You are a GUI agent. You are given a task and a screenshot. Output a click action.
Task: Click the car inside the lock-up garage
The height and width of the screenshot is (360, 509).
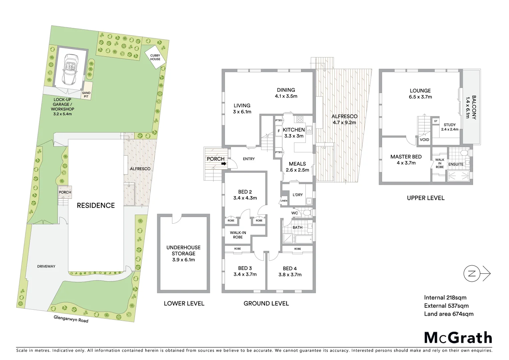pyautogui.click(x=71, y=69)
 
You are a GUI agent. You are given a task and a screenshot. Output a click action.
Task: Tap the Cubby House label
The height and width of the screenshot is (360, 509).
pyautogui.click(x=155, y=57)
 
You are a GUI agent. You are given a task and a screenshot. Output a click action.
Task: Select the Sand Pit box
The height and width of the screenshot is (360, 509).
pyautogui.click(x=86, y=95)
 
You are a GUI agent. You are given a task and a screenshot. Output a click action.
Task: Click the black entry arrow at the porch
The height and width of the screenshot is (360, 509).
pyautogui.click(x=224, y=164)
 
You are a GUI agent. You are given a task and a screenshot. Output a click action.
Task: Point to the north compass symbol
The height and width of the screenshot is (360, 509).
pyautogui.click(x=472, y=274)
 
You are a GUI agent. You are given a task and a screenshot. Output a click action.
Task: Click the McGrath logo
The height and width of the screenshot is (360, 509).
pyautogui.click(x=458, y=337)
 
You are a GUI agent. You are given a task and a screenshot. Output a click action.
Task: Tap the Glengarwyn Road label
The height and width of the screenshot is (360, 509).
pyautogui.click(x=71, y=319)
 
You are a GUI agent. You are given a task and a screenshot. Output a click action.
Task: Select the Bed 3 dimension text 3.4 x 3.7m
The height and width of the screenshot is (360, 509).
pyautogui.click(x=245, y=274)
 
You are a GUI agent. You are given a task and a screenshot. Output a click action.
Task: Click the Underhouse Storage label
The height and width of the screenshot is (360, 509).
pyautogui.click(x=184, y=253)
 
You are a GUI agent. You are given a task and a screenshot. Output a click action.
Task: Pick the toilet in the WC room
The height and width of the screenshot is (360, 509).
pyautogui.click(x=306, y=213)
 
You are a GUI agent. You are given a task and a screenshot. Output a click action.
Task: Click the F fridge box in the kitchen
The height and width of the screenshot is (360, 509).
pyautogui.click(x=279, y=131)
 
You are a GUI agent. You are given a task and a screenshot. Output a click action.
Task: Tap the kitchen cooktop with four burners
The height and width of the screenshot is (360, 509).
pyautogui.click(x=299, y=119)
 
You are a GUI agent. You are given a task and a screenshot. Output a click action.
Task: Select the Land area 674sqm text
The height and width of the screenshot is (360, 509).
pyautogui.click(x=448, y=314)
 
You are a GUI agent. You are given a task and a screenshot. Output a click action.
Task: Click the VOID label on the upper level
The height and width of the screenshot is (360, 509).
pyautogui.click(x=424, y=140)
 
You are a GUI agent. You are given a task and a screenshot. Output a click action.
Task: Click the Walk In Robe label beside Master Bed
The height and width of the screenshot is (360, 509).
pyautogui.click(x=440, y=163)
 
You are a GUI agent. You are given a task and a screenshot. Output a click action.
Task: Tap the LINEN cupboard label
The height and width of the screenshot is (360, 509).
pyautogui.click(x=284, y=201)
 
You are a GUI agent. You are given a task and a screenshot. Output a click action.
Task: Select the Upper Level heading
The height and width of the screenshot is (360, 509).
pyautogui.click(x=425, y=198)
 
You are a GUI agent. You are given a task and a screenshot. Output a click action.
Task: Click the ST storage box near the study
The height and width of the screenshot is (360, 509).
pyautogui.click(x=436, y=121)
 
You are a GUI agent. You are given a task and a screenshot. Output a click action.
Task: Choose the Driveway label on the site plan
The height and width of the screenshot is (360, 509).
pyautogui.click(x=46, y=266)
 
